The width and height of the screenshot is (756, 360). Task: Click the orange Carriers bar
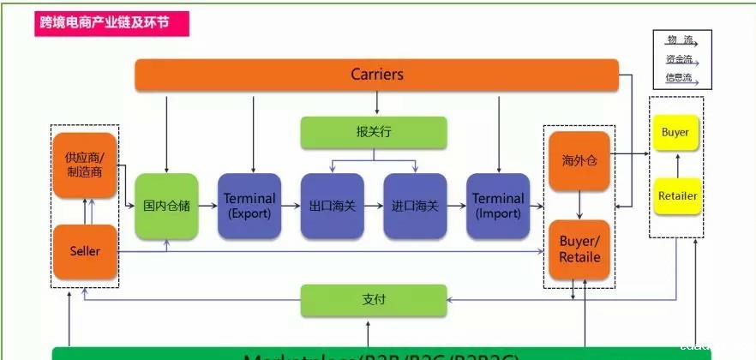[x=377, y=75]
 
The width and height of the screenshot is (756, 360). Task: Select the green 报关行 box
[x=374, y=132]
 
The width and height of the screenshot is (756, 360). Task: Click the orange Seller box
[x=84, y=251]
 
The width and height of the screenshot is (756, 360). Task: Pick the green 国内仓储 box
[x=166, y=206]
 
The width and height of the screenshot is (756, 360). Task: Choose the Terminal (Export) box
[x=249, y=206]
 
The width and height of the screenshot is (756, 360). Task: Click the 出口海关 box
[x=332, y=206]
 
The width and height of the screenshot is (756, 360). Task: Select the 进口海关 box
[x=415, y=206]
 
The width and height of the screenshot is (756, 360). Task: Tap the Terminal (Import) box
[x=498, y=206]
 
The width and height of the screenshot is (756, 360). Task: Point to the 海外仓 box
[x=579, y=160]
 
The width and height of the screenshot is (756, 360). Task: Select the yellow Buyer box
[x=675, y=133]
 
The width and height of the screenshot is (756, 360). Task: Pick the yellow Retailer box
[x=676, y=195]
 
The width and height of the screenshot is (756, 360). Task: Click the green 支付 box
[x=374, y=299]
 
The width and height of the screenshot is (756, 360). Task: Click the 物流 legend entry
[x=680, y=40]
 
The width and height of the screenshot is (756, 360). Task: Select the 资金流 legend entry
[x=680, y=60]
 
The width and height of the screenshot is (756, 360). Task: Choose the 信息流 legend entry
[x=680, y=79]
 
